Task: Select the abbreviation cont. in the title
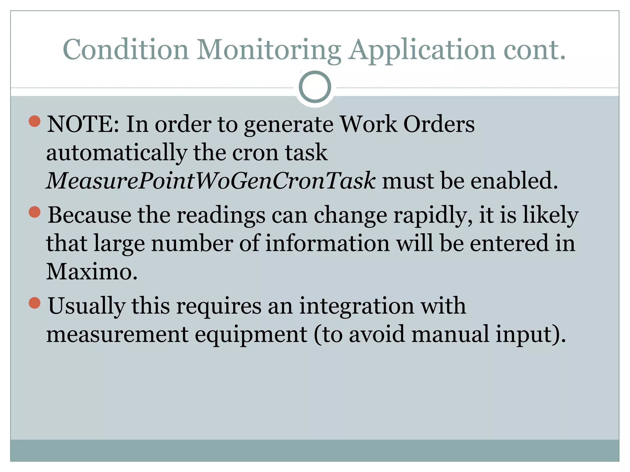tap(534, 50)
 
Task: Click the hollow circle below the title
tap(315, 87)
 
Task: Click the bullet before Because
tap(35, 212)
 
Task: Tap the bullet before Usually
tap(35, 303)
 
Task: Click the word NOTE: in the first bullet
tap(83, 124)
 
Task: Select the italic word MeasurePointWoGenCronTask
tap(211, 181)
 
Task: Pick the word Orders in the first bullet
tap(439, 124)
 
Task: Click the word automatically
tap(117, 153)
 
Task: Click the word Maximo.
tap(92, 272)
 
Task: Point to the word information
tap(327, 243)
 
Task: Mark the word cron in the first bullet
tap(255, 153)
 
